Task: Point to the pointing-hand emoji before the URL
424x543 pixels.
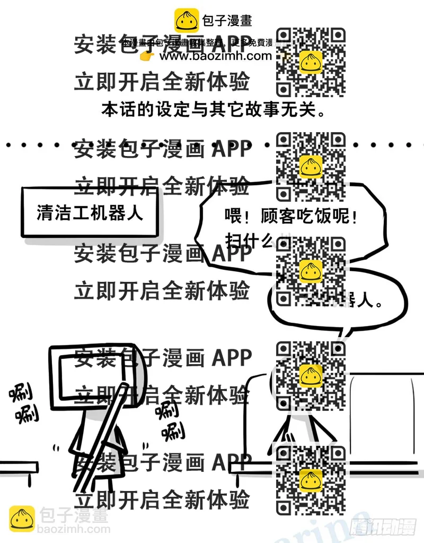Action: [x=147, y=56]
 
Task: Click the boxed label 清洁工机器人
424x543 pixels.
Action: [x=90, y=212]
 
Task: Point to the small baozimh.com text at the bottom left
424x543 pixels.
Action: [x=74, y=529]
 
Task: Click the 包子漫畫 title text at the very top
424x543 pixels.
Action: [x=227, y=21]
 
